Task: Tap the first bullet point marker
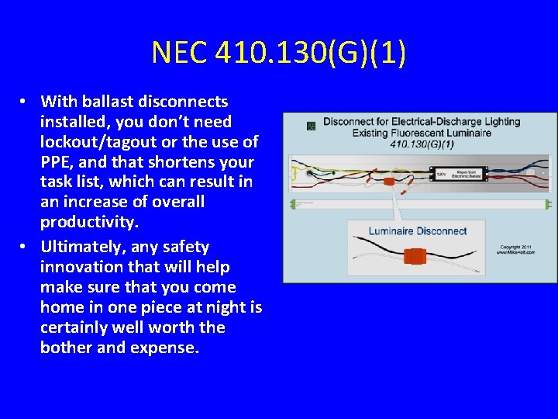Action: [25, 102]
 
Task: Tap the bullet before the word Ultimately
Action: [25, 248]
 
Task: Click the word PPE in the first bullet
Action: [54, 162]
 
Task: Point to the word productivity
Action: [88, 223]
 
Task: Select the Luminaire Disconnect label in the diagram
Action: [417, 230]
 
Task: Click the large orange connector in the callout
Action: [419, 256]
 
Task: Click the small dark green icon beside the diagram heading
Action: [311, 124]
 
